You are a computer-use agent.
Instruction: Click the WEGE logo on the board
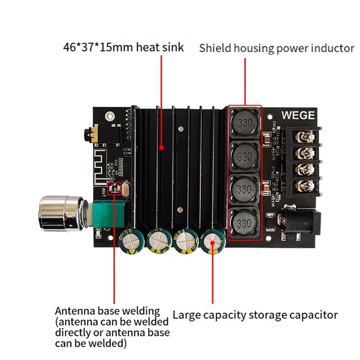298,115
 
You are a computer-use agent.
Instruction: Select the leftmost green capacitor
130,241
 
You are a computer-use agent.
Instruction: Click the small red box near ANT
114,189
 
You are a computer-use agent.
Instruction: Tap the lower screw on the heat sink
180,209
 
